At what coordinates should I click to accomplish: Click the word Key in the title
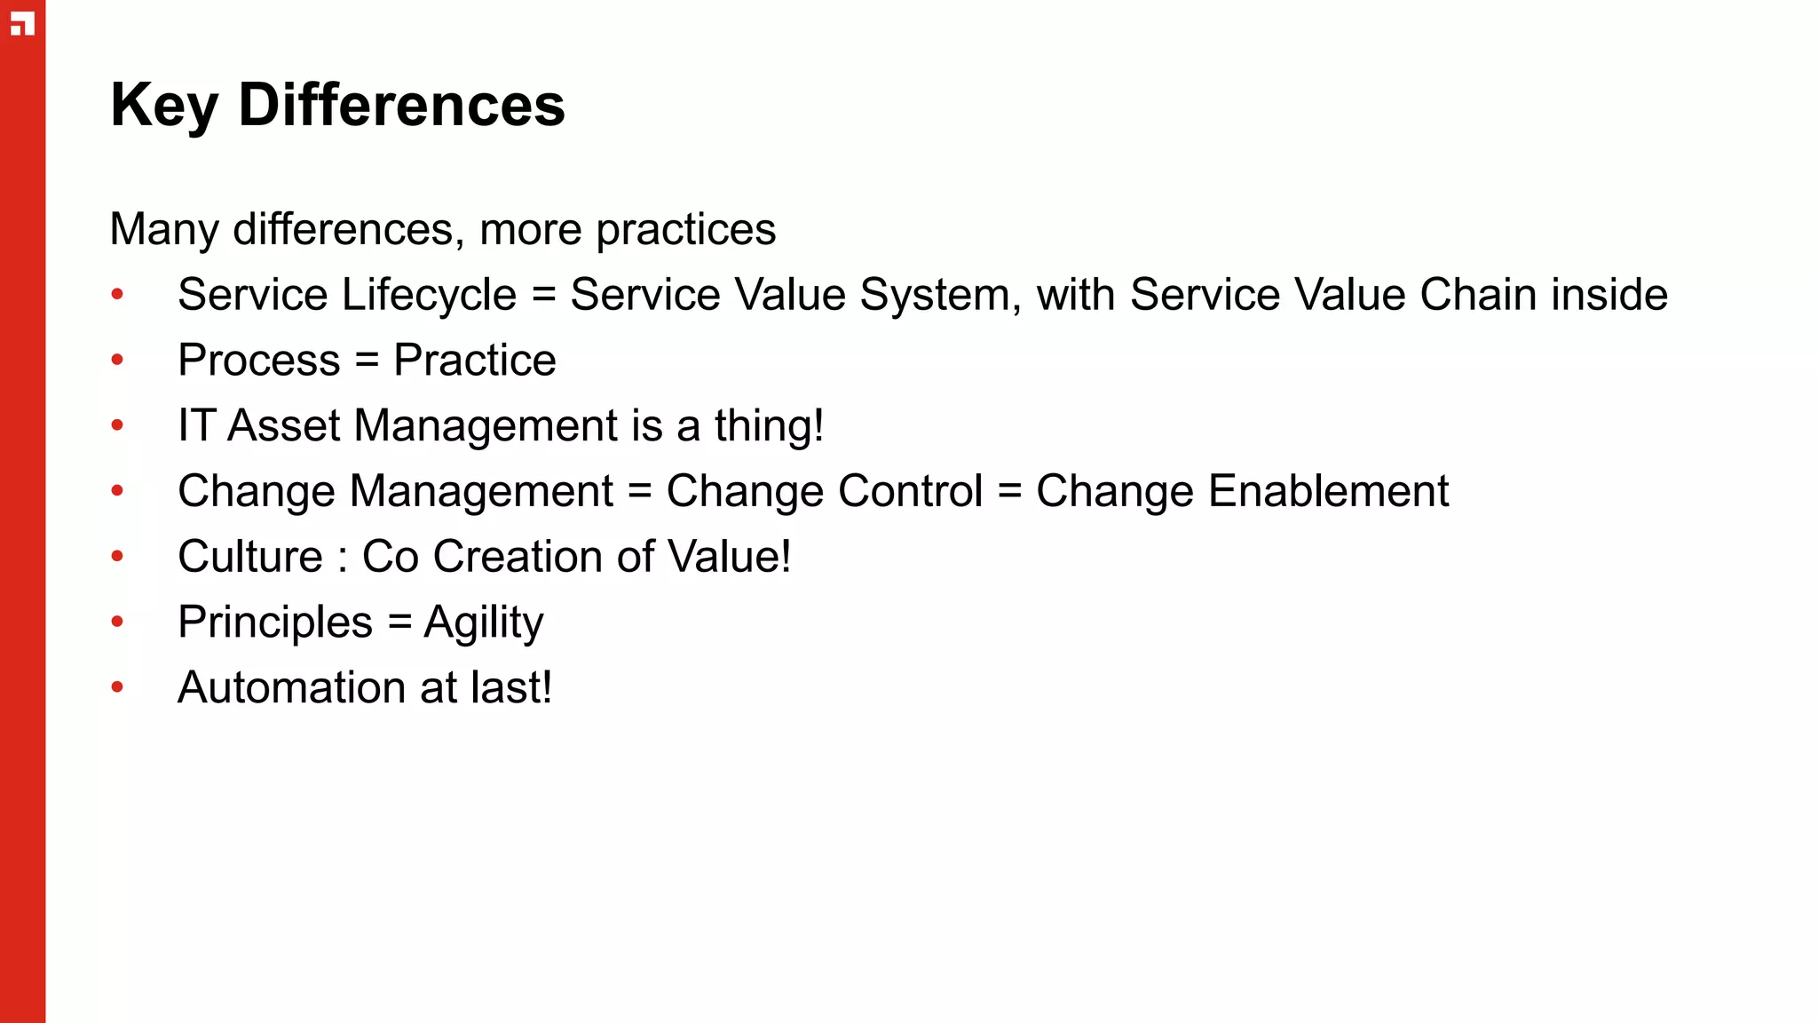click(163, 106)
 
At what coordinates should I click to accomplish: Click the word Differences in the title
click(401, 106)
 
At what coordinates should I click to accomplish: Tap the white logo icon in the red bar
click(22, 25)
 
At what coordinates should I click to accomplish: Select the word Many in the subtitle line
click(163, 230)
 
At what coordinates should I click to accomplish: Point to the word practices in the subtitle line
click(685, 230)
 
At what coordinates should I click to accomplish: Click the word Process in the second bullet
click(258, 361)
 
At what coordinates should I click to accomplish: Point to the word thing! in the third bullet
click(769, 426)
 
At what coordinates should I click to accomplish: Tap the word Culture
click(250, 557)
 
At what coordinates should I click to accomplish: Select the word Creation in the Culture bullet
click(518, 557)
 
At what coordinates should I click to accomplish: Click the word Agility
click(483, 623)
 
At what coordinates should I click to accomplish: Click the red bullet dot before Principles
click(117, 622)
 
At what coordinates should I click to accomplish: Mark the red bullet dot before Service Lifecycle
click(117, 295)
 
